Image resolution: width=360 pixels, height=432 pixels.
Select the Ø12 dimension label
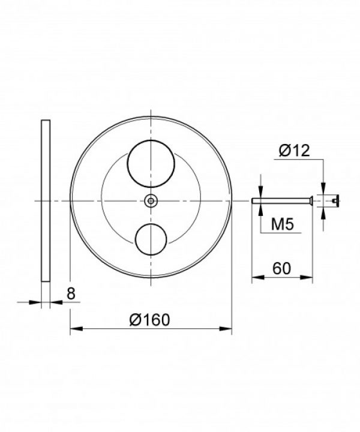point(294,150)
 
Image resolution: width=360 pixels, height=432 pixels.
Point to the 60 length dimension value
point(282,268)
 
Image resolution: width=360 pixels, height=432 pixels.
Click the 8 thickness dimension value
point(71,293)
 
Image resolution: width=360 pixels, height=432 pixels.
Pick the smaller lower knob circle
point(151,239)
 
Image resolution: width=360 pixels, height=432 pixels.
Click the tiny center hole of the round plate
point(151,201)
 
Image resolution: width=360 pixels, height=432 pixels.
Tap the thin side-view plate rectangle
point(46,201)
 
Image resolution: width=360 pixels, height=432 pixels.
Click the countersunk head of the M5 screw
point(310,201)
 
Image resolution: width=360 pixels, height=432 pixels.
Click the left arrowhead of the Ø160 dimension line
point(74,329)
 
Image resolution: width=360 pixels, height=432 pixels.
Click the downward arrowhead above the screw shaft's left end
point(262,195)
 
